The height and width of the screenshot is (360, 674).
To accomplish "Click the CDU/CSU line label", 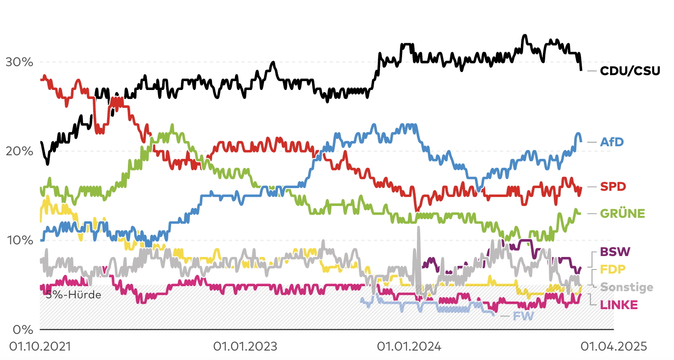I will [630, 71].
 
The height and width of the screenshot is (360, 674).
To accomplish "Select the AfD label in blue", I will [612, 142].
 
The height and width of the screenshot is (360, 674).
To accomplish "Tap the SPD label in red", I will [613, 186].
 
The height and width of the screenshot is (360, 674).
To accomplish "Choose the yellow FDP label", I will [613, 269].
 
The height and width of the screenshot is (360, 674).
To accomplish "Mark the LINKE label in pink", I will [619, 305].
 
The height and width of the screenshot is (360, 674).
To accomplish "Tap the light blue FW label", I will [524, 316].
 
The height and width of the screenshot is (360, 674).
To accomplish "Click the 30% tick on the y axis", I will [19, 62].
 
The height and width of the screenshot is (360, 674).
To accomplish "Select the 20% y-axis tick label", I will [19, 151].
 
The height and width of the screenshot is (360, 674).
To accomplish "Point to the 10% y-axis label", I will [19, 240].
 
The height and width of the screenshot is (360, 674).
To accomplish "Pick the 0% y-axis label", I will [23, 329].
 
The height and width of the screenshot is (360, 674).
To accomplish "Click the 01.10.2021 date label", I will [41, 347].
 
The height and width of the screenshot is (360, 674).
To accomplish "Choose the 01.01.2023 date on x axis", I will [245, 347].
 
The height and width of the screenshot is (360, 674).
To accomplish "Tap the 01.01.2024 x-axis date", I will [409, 347].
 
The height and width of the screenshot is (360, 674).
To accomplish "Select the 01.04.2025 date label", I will [614, 347].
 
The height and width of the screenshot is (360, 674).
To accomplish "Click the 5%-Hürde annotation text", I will [73, 296].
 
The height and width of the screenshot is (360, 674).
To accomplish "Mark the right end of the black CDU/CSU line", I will [581, 69].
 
